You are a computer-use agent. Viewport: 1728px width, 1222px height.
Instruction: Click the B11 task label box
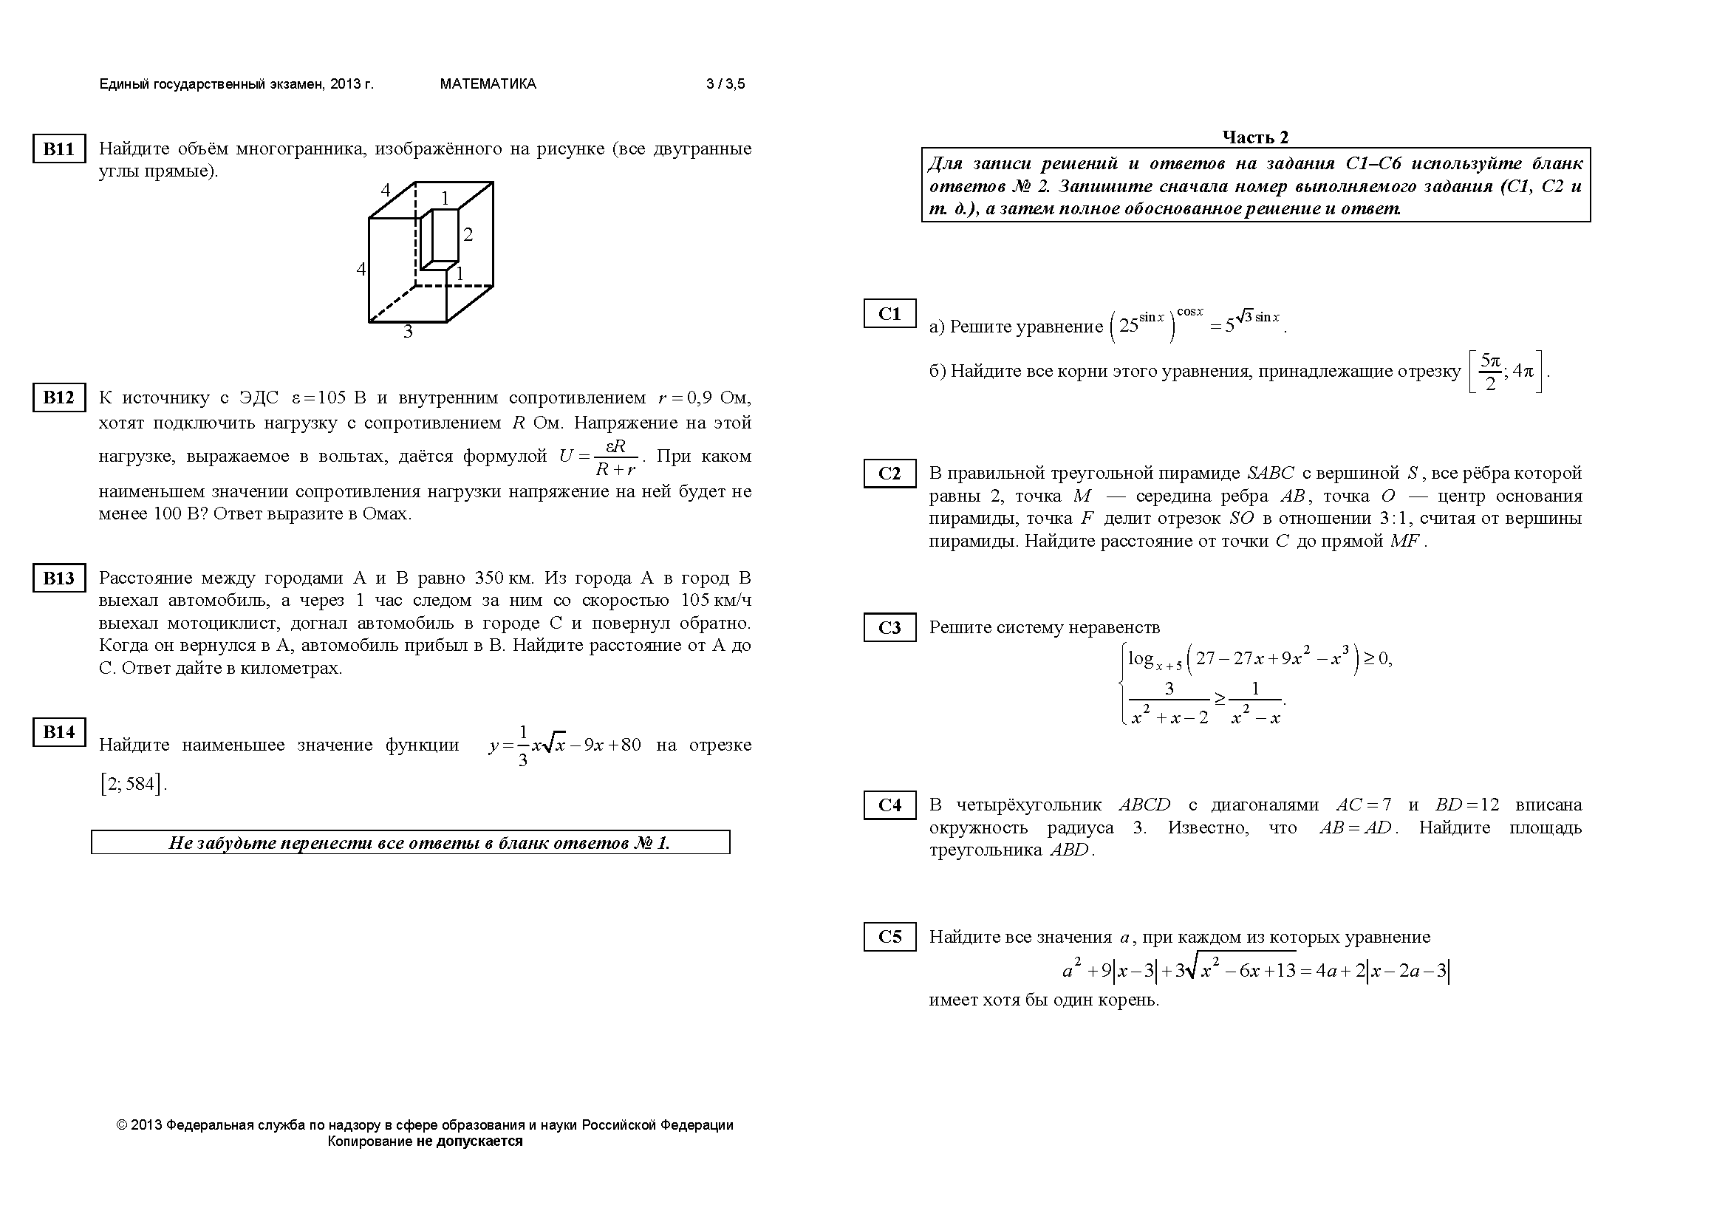pos(58,149)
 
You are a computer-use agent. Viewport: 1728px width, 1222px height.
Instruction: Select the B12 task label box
pos(58,397)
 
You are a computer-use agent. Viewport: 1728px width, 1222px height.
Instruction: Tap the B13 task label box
pos(58,578)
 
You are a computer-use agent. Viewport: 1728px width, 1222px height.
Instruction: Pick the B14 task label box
pos(58,732)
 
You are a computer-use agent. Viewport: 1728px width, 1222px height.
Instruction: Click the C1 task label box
pos(889,314)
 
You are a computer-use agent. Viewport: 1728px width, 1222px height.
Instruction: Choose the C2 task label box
pos(889,474)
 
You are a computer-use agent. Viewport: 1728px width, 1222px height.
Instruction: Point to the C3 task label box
pos(889,627)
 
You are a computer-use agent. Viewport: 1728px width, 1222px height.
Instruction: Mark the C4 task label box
pos(889,805)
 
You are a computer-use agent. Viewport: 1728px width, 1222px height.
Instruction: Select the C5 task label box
pos(889,937)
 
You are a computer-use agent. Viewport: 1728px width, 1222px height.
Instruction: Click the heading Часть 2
pos(1255,137)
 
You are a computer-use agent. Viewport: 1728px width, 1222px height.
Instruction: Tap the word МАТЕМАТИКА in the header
pos(488,84)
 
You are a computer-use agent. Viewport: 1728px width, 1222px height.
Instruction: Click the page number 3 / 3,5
pos(725,84)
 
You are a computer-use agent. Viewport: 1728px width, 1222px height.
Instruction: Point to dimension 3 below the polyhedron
pos(408,332)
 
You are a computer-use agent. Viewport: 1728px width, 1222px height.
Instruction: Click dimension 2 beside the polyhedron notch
pos(468,235)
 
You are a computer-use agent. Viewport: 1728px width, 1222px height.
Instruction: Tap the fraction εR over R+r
pos(615,457)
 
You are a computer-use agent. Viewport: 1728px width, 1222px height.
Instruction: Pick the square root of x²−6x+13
pos(1241,971)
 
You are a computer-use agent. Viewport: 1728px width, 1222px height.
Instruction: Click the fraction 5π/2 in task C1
pos(1490,372)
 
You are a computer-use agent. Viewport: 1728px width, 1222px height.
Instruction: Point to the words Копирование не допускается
pos(425,1141)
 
